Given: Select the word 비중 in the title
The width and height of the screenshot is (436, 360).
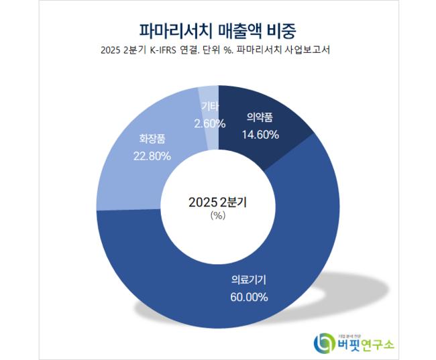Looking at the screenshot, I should coord(282,29).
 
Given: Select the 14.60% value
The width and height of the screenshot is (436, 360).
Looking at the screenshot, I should coord(260,134).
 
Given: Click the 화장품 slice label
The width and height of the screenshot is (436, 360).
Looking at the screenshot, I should coord(152,140).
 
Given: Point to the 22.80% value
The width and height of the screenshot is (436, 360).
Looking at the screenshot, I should coord(152,156).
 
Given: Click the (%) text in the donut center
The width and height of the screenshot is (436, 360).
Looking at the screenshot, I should coord(217,216).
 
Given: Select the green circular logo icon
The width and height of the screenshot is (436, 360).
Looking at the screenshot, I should coord(325,343).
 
